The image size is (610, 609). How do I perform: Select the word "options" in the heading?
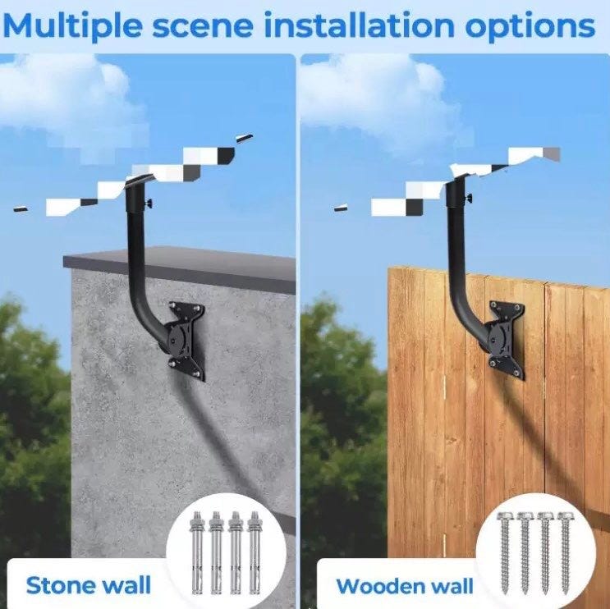530,26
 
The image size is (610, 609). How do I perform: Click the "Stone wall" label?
89,585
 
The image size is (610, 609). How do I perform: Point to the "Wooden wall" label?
405,586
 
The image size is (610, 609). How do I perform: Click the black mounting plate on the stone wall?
186,341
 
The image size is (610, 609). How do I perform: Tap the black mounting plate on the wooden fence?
506,340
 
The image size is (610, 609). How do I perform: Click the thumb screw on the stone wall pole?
149,204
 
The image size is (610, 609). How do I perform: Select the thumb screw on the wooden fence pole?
469,199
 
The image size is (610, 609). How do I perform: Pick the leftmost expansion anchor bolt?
197,552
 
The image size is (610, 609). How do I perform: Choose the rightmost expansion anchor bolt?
255,552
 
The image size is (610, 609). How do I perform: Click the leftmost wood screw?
505,552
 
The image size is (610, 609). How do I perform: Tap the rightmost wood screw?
565,552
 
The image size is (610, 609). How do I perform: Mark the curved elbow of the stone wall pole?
144,319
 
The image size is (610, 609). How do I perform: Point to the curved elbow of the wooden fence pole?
466,319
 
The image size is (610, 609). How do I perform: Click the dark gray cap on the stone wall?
179,268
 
